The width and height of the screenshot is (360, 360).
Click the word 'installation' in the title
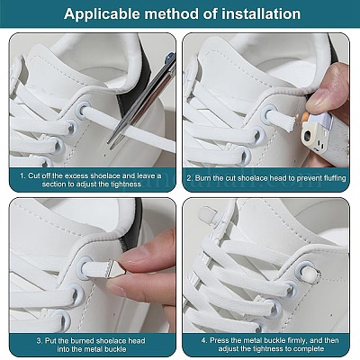tap(261, 14)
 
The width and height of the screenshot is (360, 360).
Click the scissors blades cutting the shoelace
tap(142, 101)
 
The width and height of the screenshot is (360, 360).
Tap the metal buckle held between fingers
tap(116, 268)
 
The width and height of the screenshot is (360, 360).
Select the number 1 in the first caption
tap(22, 176)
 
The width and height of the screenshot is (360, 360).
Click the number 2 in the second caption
tap(189, 178)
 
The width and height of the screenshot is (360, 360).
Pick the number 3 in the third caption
tap(39, 341)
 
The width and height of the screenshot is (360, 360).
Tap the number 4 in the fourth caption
tap(203, 340)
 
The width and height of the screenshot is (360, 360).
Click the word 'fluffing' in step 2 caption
tap(334, 178)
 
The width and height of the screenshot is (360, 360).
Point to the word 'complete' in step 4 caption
tap(309, 349)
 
